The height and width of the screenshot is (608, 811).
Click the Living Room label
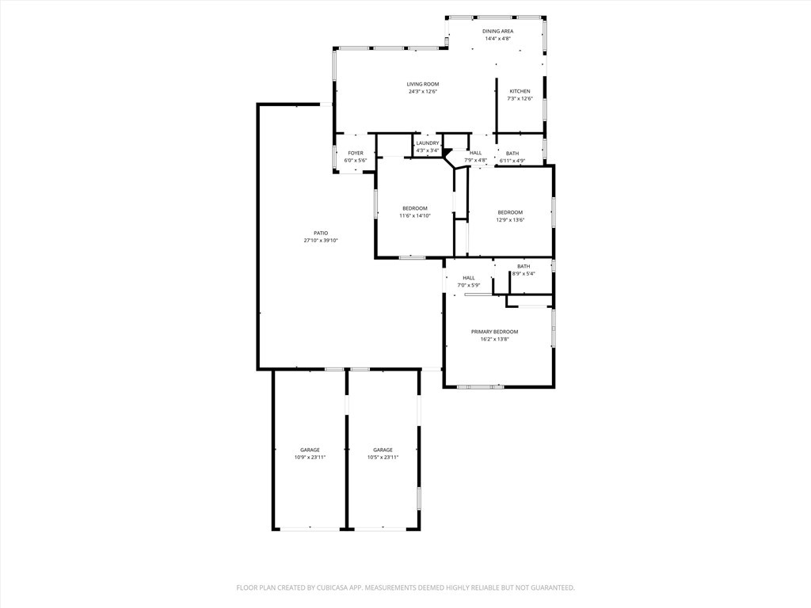(x=422, y=84)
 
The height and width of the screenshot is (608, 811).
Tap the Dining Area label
(x=498, y=31)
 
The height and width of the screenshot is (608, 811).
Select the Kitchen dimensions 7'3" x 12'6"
(x=520, y=99)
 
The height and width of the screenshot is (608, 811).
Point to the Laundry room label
(x=428, y=143)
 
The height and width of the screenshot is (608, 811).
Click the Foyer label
(x=356, y=153)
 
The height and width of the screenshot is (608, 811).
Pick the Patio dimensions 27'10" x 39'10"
(x=321, y=241)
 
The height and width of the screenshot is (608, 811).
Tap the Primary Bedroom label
(x=494, y=332)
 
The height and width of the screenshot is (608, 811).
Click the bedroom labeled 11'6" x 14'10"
(x=414, y=208)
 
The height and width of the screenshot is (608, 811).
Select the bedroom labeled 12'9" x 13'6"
(x=510, y=212)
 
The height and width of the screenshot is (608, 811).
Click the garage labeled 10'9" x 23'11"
(x=310, y=450)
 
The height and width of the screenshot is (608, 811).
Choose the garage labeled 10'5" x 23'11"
(x=383, y=450)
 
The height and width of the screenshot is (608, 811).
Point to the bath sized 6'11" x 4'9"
(x=512, y=154)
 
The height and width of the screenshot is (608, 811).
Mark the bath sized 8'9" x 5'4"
(x=524, y=267)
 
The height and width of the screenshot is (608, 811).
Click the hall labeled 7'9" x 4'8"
(x=475, y=153)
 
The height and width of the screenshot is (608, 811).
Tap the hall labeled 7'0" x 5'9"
(x=469, y=278)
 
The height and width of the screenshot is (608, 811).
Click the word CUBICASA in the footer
(x=329, y=587)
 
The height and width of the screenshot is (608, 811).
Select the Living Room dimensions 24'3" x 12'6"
(x=422, y=92)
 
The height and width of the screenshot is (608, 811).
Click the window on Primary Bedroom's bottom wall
(x=480, y=387)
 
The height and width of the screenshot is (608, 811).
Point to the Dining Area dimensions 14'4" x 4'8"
(x=498, y=38)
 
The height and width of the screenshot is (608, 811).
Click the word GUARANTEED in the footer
(x=547, y=587)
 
